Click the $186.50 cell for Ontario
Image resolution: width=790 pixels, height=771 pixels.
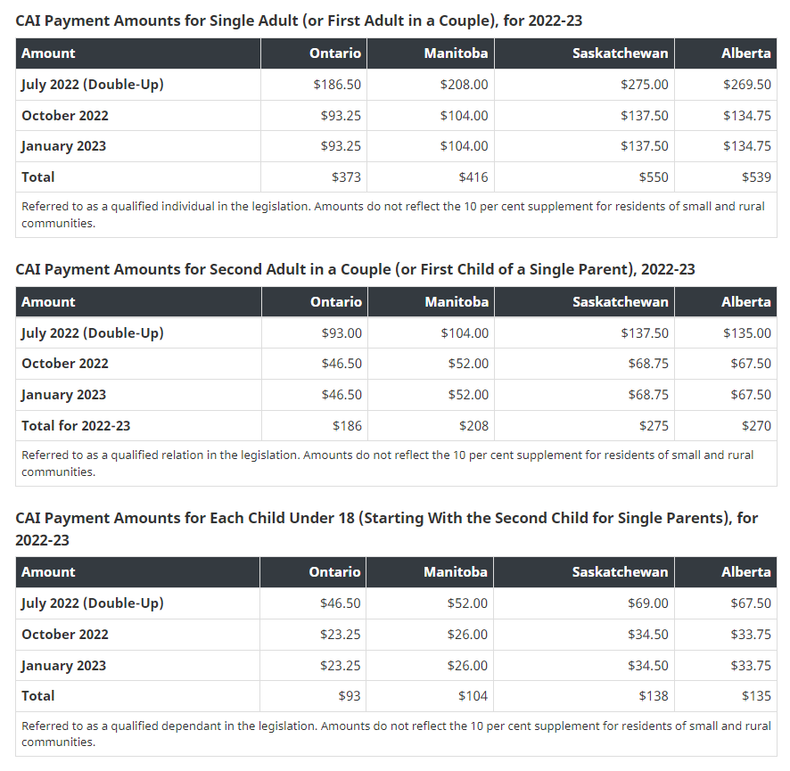click(x=337, y=85)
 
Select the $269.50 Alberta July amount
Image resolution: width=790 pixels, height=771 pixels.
click(x=747, y=85)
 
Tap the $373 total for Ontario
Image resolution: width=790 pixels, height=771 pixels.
click(x=346, y=177)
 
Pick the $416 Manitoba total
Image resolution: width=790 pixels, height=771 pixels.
click(x=473, y=177)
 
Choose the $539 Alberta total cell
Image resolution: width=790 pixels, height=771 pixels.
click(x=756, y=177)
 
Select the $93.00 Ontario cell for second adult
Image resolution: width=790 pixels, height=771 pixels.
click(x=342, y=333)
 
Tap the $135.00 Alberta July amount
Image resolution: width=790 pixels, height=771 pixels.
click(x=747, y=333)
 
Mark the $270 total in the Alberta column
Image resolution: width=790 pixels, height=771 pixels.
click(x=756, y=426)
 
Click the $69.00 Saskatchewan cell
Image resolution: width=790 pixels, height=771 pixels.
click(x=648, y=603)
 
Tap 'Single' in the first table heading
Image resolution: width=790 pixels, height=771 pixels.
click(x=230, y=20)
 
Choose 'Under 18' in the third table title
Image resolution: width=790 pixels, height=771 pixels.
click(x=272, y=518)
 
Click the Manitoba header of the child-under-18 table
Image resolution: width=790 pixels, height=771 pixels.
click(x=455, y=572)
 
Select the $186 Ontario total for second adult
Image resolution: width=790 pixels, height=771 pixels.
click(x=346, y=426)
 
